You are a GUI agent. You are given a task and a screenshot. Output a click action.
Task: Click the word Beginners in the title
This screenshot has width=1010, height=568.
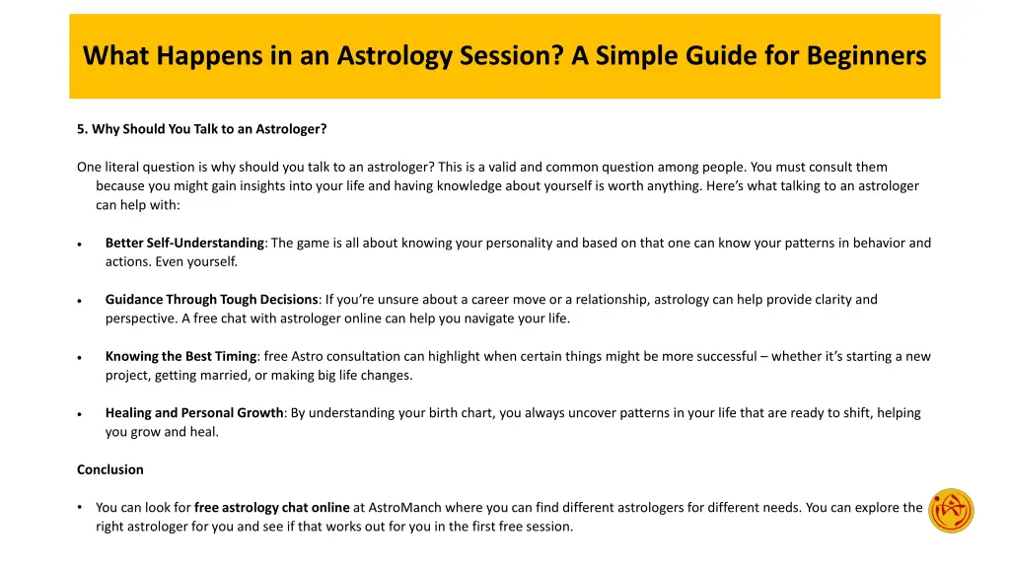pos(866,56)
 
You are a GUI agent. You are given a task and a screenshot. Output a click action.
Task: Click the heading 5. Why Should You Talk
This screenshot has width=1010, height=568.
pos(202,129)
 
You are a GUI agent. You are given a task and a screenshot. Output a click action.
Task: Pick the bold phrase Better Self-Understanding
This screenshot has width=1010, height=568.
pos(184,243)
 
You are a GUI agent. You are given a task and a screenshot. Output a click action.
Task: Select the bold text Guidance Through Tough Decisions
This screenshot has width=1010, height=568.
pos(211,300)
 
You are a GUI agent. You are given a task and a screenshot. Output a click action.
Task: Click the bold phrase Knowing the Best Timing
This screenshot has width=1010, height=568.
pos(180,356)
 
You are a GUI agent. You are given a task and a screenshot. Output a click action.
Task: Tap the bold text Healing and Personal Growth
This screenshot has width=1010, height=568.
pos(194,413)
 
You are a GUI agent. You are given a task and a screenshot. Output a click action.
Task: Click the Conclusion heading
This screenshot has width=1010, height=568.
pos(110,469)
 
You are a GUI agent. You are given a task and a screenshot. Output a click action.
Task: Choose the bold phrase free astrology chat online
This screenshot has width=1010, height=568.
pos(271,507)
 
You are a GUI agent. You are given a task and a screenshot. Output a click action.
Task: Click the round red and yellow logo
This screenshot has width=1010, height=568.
pos(951,511)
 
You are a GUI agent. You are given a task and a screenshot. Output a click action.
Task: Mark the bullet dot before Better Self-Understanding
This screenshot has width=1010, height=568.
pos(79,245)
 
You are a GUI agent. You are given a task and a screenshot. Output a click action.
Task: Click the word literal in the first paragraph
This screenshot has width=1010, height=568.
pos(124,167)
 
